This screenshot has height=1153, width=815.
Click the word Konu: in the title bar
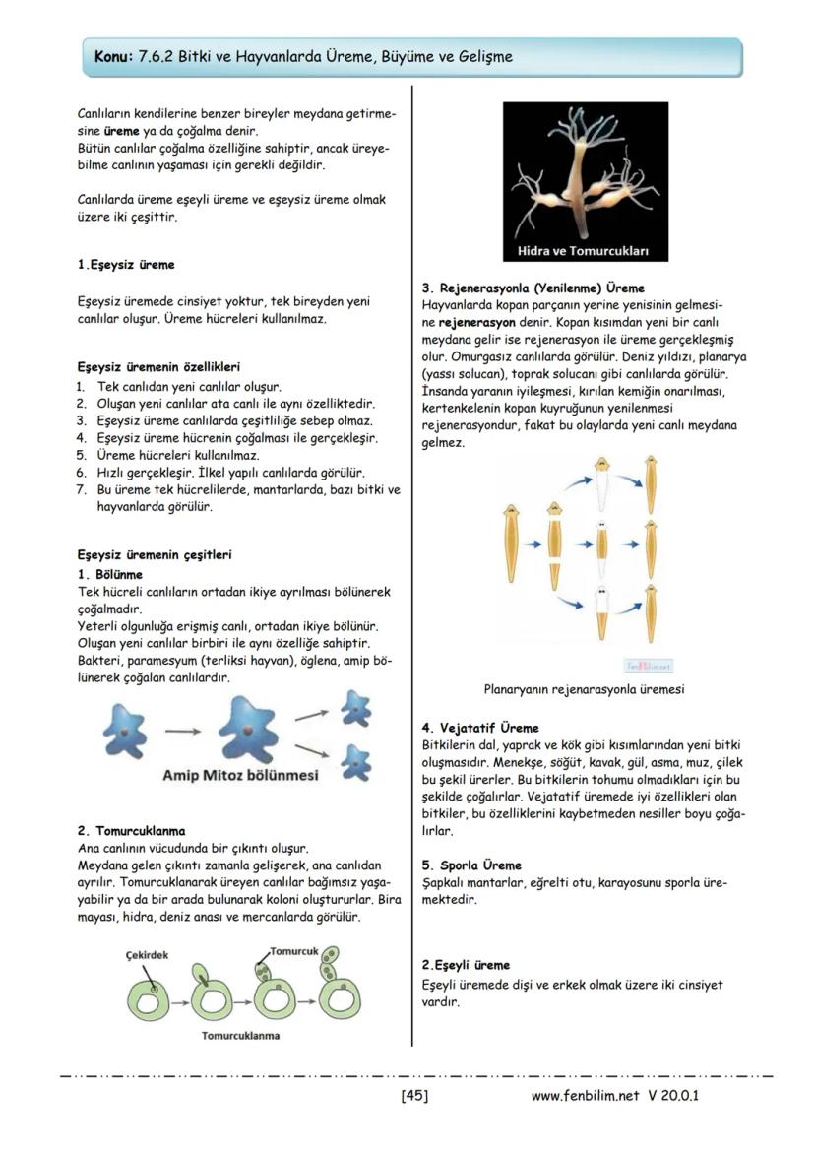[111, 57]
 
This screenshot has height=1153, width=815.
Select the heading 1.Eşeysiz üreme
[126, 265]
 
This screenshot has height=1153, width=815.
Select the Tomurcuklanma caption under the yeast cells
[240, 1035]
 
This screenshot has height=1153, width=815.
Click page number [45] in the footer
[413, 1095]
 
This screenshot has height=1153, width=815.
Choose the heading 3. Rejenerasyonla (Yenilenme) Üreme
[533, 288]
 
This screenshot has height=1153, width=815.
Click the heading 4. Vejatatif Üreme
[479, 728]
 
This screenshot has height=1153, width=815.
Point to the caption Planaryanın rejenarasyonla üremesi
[584, 689]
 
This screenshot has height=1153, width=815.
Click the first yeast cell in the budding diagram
[156, 1000]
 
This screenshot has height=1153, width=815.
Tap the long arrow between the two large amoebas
[182, 731]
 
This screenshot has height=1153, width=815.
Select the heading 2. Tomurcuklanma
[131, 831]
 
